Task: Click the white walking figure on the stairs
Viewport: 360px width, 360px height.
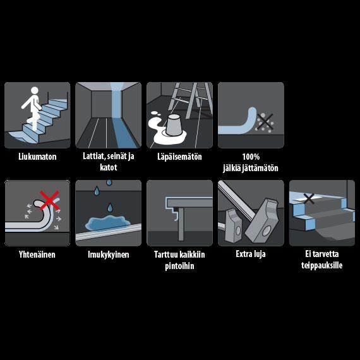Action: coord(33,108)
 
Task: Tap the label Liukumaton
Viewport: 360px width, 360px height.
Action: coord(37,157)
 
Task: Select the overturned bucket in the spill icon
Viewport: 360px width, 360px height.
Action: coord(174,125)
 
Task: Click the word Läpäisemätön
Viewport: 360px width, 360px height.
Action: coord(179,157)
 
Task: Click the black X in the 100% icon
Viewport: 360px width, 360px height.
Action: coord(265,122)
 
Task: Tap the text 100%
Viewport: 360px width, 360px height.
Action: coord(251,157)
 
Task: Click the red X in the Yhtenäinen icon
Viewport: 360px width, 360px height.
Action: coord(49,200)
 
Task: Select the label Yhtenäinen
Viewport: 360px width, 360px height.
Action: coord(37,255)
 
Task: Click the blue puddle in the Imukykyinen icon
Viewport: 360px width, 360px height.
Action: coord(107,223)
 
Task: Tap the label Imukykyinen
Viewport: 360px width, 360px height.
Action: coord(109,255)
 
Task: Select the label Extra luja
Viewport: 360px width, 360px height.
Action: coord(251,254)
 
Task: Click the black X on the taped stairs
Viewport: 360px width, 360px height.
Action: coord(309,198)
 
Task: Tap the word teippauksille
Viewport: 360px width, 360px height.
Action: coord(322,265)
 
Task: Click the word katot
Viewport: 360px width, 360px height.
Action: coord(109,167)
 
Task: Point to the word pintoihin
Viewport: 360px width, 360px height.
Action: coord(179,266)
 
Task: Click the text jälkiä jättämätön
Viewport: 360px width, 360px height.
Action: coord(251,168)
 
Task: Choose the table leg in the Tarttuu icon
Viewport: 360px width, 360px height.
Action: coord(181,224)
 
